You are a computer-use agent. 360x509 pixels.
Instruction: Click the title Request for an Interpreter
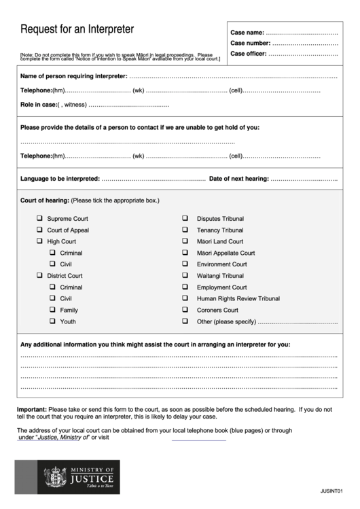[x=77, y=29]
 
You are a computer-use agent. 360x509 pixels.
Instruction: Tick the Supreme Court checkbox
[x=40, y=219]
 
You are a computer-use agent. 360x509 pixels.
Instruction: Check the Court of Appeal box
[x=40, y=230]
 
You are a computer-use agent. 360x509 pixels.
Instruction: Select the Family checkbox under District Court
[x=52, y=310]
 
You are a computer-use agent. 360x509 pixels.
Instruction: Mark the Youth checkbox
[x=52, y=321]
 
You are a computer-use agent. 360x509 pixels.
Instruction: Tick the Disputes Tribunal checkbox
[x=185, y=219]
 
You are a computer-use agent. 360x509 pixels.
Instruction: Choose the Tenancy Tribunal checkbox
[x=185, y=230]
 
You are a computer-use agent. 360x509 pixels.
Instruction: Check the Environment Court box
[x=185, y=264]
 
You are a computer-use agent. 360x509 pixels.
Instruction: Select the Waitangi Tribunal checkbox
[x=185, y=276]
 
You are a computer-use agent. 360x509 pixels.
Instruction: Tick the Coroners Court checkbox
[x=185, y=310]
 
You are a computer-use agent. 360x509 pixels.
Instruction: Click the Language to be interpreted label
[x=60, y=179]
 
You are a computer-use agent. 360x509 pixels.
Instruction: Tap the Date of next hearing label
[x=238, y=179]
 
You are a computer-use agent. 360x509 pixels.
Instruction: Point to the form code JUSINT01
[x=334, y=491]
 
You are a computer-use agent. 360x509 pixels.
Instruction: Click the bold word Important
[x=31, y=410]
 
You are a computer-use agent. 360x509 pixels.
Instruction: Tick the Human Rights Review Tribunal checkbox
[x=185, y=298]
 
